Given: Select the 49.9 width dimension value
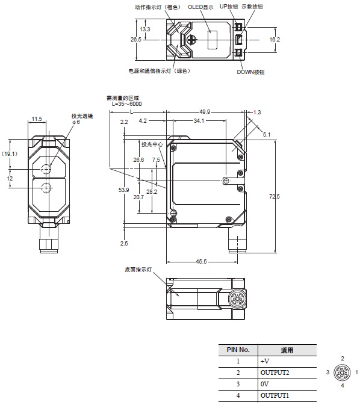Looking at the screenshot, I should tap(205, 111).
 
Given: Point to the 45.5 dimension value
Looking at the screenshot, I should tap(203, 261).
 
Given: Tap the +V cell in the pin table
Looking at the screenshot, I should tap(265, 361).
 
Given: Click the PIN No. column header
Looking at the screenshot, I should tap(238, 350).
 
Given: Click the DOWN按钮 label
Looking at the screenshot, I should tap(250, 72).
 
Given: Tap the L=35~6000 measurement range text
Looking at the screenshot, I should tap(127, 104).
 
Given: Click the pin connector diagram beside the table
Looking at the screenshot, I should tap(343, 373).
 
